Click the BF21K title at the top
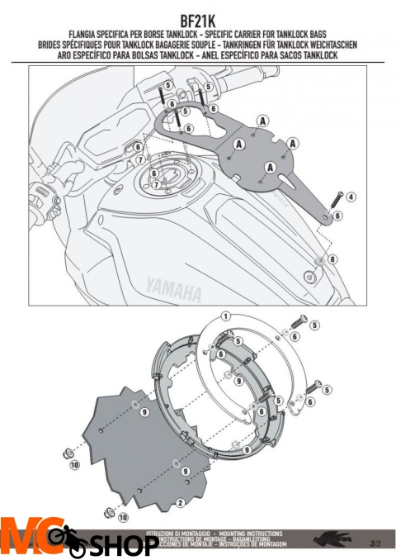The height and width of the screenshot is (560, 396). (x=198, y=17)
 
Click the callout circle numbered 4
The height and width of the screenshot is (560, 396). (x=351, y=197)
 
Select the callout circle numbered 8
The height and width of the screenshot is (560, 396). (x=332, y=259)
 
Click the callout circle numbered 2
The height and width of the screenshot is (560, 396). (x=180, y=502)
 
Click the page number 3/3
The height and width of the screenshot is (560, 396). (x=375, y=543)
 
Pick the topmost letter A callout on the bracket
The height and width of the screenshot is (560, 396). (x=262, y=120)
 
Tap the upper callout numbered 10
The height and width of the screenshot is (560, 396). (x=75, y=467)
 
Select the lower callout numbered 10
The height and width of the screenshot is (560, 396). (x=124, y=518)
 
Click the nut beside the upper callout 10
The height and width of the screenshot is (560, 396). (x=63, y=453)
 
